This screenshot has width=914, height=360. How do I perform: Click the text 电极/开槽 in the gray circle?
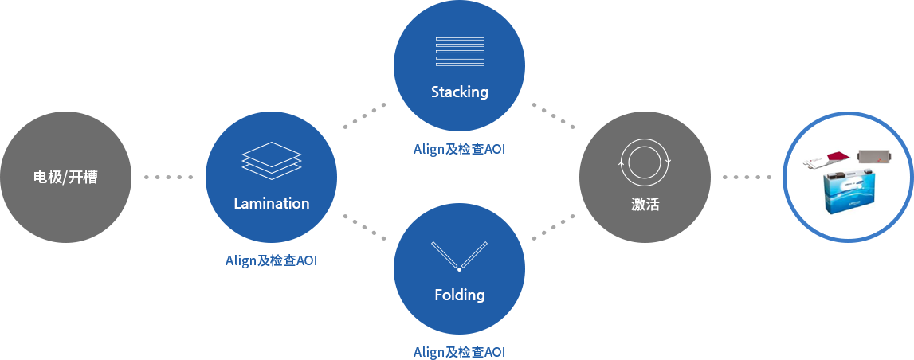(65, 178)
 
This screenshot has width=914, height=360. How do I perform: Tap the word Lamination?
(272, 203)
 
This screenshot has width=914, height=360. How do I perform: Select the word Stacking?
(460, 92)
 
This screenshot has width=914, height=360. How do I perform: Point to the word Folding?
(460, 295)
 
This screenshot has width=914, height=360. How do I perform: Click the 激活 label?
(645, 205)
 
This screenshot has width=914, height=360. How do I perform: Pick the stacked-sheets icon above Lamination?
(272, 161)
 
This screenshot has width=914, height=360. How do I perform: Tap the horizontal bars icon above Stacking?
(460, 52)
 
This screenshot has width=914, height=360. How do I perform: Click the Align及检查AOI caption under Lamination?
(272, 260)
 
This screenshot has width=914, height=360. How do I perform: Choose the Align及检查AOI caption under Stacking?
(459, 149)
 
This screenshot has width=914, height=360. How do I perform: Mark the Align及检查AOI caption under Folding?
(459, 352)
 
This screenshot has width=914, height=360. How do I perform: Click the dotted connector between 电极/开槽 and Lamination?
(168, 177)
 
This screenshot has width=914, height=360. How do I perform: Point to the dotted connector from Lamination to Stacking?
(364, 115)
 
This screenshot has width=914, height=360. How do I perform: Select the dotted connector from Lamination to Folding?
(364, 227)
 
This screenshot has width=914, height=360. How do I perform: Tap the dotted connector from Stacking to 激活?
(554, 115)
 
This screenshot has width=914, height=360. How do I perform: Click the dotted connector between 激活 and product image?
(747, 177)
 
